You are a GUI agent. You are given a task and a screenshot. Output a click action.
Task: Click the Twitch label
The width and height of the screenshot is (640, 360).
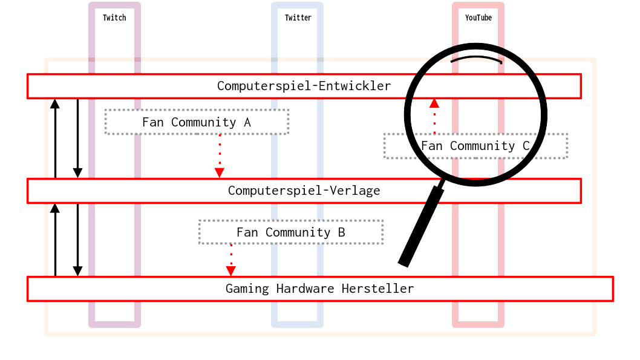114,18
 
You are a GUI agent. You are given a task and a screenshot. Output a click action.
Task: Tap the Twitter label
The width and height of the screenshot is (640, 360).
298,18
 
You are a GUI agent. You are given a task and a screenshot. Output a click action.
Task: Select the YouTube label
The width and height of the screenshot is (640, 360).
478,18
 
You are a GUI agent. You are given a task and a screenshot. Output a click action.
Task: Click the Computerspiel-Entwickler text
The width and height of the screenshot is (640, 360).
304,86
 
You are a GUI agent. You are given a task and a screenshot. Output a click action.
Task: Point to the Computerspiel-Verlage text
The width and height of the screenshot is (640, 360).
304,191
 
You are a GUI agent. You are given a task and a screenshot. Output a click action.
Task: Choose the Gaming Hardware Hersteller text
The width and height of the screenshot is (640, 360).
319,289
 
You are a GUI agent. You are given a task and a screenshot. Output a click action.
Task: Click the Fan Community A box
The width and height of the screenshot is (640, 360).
197,122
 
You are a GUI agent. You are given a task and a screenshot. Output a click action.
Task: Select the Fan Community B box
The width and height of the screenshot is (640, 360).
290,232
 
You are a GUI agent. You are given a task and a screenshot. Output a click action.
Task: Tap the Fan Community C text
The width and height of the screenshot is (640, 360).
475,146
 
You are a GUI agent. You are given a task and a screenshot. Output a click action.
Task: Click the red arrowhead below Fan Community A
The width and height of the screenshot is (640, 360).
220,173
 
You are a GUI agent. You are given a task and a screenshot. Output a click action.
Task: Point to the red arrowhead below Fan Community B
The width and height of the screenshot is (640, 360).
230,271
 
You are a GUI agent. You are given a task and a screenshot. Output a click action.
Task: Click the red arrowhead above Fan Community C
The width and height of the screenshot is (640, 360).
434,103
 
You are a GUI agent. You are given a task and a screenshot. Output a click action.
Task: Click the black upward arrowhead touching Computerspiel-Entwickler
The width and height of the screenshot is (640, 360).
55,103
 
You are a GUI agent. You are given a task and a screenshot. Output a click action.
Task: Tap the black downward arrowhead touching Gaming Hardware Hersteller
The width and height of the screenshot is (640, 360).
77,271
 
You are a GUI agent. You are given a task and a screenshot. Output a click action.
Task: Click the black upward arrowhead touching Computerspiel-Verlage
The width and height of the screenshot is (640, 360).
55,208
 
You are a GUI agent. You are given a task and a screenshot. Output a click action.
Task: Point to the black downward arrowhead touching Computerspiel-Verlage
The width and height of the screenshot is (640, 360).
77,173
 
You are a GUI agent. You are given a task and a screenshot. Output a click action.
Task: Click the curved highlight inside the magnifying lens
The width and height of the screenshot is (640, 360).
476,59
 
